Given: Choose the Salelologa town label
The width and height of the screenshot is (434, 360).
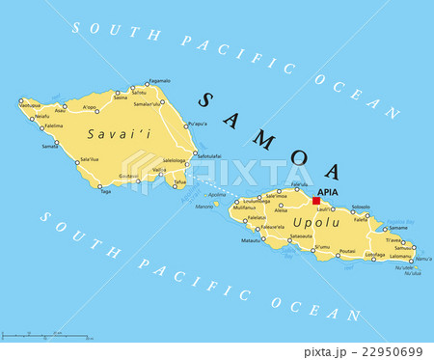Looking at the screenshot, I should point(174,160).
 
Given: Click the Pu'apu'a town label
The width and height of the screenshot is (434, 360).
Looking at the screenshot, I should point(197,124).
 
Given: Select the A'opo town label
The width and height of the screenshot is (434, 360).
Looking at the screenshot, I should point(90,107).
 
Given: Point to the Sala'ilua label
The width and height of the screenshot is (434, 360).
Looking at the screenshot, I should point(89,158).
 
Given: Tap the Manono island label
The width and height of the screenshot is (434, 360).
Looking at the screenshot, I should point(204,207).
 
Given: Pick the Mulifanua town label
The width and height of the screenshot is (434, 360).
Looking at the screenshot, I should point(243,208).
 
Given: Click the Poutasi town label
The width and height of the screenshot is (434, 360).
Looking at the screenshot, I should point(347,251).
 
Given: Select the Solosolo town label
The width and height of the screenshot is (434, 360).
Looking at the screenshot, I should point(360,206).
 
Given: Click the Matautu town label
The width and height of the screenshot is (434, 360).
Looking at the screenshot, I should point(251,239).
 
